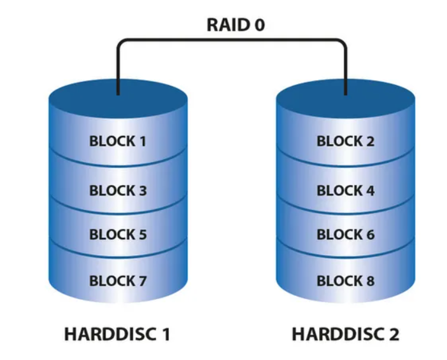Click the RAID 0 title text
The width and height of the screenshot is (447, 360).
(235, 25)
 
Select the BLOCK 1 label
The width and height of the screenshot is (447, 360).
(118, 141)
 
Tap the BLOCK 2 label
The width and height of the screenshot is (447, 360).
(345, 141)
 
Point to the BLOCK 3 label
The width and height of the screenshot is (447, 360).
(118, 190)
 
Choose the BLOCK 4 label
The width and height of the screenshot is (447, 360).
(345, 190)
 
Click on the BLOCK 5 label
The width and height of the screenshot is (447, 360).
(118, 234)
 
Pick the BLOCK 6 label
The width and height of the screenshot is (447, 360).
(345, 234)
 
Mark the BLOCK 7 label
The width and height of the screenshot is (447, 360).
(118, 280)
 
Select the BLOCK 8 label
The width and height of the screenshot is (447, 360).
(345, 280)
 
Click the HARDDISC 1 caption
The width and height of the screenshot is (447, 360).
(117, 334)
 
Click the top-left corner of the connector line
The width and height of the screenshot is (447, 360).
(118, 41)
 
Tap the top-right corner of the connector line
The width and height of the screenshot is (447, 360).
(345, 41)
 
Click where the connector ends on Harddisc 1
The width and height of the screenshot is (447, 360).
(118, 95)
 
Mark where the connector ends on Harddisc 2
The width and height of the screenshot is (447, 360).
(345, 95)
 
